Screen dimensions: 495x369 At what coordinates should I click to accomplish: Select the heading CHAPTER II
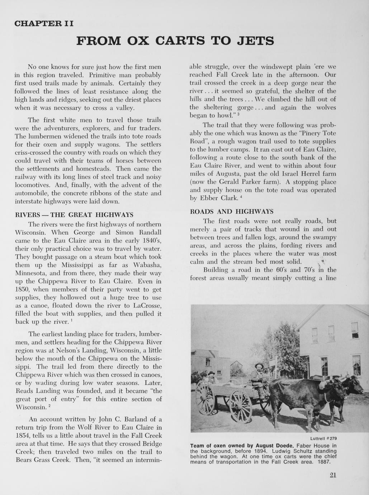coord(44,24)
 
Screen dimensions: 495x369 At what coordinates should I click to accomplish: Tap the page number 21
coord(332,476)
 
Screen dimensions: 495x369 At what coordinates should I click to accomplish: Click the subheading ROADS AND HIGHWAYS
coord(232,212)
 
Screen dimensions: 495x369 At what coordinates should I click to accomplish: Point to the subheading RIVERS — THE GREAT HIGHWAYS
coord(74,215)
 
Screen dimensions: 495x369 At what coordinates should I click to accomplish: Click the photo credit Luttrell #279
coord(323,439)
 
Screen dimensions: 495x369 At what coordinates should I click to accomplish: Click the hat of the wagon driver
coord(259,366)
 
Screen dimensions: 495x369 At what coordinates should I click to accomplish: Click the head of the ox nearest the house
coord(353,386)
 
